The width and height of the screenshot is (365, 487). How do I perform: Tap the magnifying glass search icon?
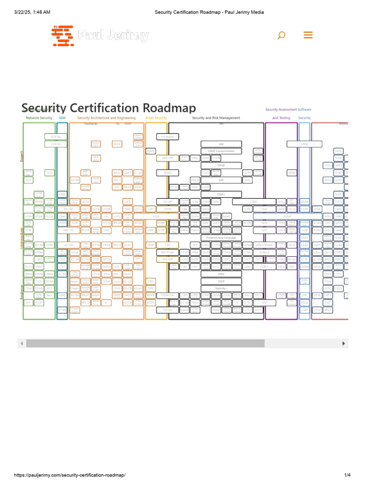click(x=281, y=35)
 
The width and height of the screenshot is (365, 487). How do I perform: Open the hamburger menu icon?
click(x=307, y=35)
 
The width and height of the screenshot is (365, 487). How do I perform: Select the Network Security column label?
click(x=39, y=118)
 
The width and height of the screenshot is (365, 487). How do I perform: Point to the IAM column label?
click(x=62, y=118)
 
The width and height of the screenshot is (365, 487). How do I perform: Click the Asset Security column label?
click(x=156, y=118)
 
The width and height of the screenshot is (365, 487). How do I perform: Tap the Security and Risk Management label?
click(x=216, y=118)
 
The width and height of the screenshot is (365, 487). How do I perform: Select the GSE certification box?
click(x=221, y=144)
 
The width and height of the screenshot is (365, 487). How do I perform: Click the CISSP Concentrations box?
click(x=221, y=151)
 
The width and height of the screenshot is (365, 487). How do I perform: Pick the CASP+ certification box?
click(x=221, y=195)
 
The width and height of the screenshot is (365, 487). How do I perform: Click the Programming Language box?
click(x=221, y=237)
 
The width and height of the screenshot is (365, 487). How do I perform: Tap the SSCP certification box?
click(x=221, y=281)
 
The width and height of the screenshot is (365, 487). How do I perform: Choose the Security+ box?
click(x=221, y=288)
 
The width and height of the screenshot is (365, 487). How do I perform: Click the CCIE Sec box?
click(x=56, y=136)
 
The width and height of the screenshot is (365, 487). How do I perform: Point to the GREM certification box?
click(x=305, y=144)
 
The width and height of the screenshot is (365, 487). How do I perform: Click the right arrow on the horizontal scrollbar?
click(x=344, y=343)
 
